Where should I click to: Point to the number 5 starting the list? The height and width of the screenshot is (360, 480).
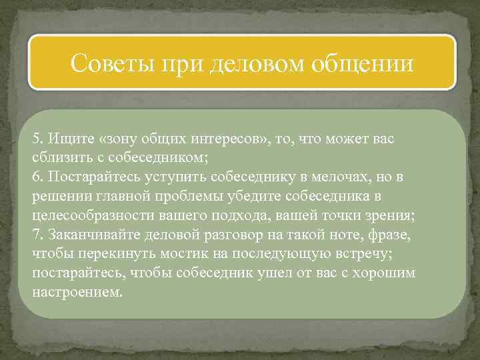37,139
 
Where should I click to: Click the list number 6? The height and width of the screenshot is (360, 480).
37,177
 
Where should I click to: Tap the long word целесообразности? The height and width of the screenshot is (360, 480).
85,216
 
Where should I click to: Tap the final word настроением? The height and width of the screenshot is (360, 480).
77,293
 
